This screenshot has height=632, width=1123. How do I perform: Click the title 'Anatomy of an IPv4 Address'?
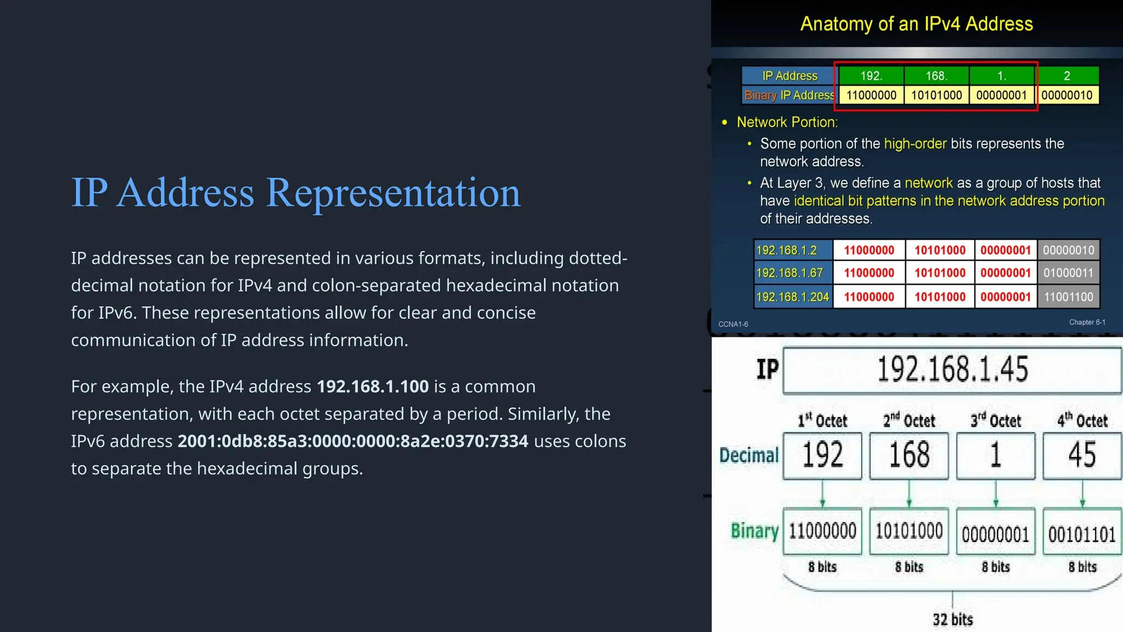click(916, 24)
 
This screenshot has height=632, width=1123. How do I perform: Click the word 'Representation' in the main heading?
click(393, 193)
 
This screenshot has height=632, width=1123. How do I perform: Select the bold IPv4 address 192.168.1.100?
click(372, 386)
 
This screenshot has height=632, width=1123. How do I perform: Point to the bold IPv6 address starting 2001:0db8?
click(353, 441)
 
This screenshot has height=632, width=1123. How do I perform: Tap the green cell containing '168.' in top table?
click(936, 76)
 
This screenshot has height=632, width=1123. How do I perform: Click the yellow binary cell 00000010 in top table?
click(1067, 95)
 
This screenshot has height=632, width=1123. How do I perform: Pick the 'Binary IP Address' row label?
click(789, 95)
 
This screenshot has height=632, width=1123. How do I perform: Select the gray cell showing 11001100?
click(1068, 297)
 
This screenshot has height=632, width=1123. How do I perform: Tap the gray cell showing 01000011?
click(1068, 273)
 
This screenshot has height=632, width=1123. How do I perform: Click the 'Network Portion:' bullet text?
click(787, 122)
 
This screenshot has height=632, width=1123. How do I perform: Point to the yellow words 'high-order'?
click(915, 144)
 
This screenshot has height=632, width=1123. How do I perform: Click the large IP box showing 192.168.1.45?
click(952, 370)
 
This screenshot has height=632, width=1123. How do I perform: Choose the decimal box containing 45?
click(1082, 455)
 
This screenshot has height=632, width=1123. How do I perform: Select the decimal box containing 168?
click(909, 455)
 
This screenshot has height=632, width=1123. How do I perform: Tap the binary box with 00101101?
click(1082, 533)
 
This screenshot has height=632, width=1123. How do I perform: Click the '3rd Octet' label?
click(995, 421)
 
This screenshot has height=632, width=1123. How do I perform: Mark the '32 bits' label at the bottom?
click(952, 619)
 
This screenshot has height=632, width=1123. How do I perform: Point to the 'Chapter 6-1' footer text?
click(1087, 322)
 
